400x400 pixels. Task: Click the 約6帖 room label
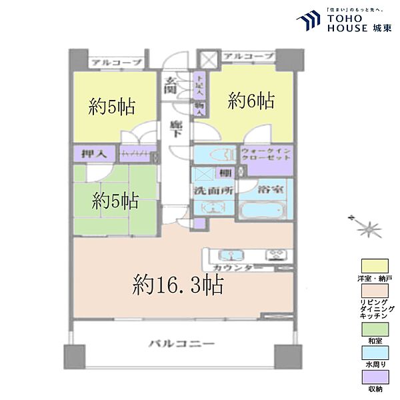click(251, 101)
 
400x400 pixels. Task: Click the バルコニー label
click(181, 345)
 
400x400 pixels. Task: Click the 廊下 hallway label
click(175, 129)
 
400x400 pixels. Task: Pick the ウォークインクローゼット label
click(266, 156)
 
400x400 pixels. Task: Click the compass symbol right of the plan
click(366, 229)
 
